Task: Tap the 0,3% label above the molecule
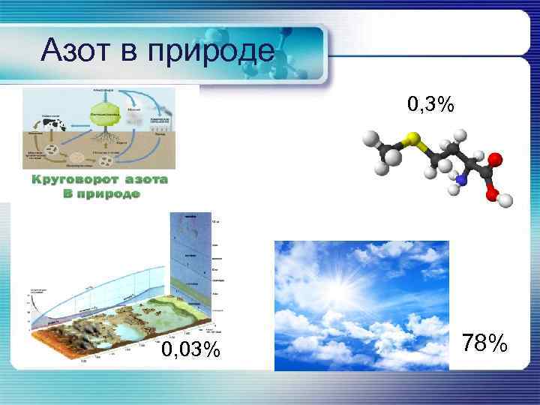click(x=430, y=105)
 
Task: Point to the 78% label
click(x=486, y=343)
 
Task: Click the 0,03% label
click(x=192, y=350)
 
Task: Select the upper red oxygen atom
click(x=495, y=159)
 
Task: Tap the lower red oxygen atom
click(x=491, y=193)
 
